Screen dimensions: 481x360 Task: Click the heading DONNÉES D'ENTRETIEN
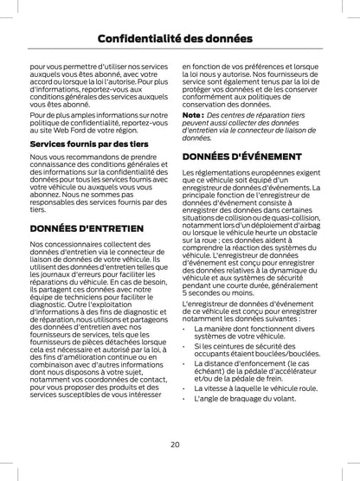[86, 228]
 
